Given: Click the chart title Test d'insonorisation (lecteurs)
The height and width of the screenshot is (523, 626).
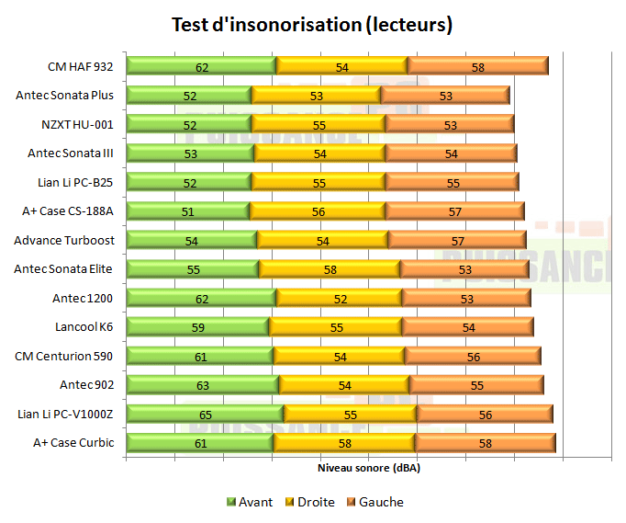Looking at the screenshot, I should point(312,25).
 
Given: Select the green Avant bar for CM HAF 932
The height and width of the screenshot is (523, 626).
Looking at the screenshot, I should point(201,66).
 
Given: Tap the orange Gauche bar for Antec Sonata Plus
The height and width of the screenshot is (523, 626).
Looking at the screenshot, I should point(445,95).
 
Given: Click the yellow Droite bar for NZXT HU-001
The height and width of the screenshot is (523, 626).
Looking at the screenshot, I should point(319,124).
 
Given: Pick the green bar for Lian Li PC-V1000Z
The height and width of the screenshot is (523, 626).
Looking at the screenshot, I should point(206,415).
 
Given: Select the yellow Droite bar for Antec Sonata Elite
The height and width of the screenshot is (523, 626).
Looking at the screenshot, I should point(329,269).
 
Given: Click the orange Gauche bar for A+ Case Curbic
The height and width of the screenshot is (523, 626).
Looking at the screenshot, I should point(485,443).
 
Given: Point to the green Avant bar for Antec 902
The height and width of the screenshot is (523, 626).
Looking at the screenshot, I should point(203,385).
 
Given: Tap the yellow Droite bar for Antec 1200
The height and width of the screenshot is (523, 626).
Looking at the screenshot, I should point(339,298).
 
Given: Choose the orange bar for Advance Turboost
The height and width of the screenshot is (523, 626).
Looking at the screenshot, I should point(457,240).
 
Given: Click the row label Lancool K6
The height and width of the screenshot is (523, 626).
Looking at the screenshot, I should point(84,326).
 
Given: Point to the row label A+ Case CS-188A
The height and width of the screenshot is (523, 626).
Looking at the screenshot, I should point(68,210).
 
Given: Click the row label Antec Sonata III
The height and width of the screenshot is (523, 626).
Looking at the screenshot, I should point(71,153).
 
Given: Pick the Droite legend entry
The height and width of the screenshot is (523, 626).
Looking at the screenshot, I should point(310,502).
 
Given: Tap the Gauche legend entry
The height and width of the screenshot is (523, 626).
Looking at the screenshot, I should point(374,502).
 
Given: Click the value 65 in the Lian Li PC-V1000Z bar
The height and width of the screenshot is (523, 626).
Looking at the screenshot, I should point(206,415).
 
